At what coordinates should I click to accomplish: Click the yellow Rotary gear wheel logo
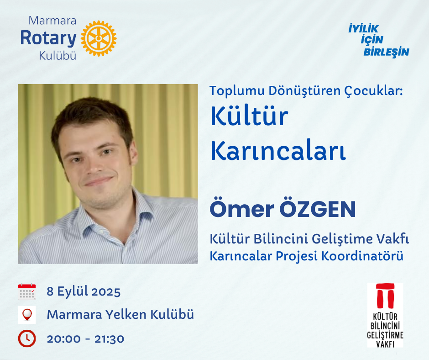tap(99, 38)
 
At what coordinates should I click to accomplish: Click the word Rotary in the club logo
tap(48, 38)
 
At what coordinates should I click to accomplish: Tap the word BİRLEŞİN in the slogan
tap(386, 52)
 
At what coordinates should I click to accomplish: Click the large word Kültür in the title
tap(249, 116)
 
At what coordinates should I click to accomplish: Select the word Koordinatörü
tap(362, 256)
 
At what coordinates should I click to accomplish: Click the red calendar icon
tap(27, 292)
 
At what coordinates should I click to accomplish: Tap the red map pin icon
tap(27, 315)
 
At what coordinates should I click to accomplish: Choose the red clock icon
tap(27, 339)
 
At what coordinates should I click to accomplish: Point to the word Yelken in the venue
tap(126, 314)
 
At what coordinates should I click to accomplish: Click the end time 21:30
tap(109, 339)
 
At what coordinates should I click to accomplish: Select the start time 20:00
tap(64, 339)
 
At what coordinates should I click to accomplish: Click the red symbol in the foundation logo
tap(385, 296)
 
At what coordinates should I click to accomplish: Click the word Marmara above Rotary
tap(52, 21)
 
